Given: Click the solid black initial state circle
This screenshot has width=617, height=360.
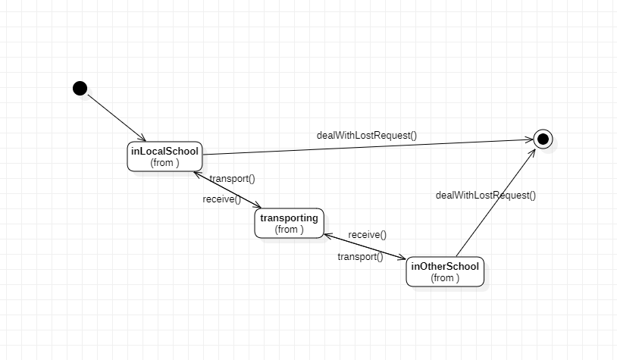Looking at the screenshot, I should [80, 88].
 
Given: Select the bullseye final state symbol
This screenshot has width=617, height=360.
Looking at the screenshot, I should [543, 139].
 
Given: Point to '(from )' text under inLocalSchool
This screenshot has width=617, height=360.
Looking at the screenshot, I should [164, 162].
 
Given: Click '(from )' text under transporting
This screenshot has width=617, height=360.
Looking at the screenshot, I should [289, 230].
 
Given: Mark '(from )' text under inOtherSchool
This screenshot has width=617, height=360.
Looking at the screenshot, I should [445, 278].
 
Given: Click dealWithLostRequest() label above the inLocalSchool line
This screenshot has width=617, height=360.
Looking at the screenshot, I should [367, 136].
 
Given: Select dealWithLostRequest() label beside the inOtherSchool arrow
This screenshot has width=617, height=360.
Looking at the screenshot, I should [485, 195].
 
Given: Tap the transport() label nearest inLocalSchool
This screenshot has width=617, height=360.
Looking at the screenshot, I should [232, 179].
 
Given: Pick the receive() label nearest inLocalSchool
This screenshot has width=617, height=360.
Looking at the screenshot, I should [221, 199].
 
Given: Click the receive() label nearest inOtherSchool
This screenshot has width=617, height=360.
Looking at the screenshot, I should [367, 235].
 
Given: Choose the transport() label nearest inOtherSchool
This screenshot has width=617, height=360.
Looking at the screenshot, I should [360, 257].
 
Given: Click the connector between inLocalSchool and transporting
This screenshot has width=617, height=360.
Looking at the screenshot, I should [227, 189].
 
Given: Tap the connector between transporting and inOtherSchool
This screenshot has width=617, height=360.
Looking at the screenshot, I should [365, 246].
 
